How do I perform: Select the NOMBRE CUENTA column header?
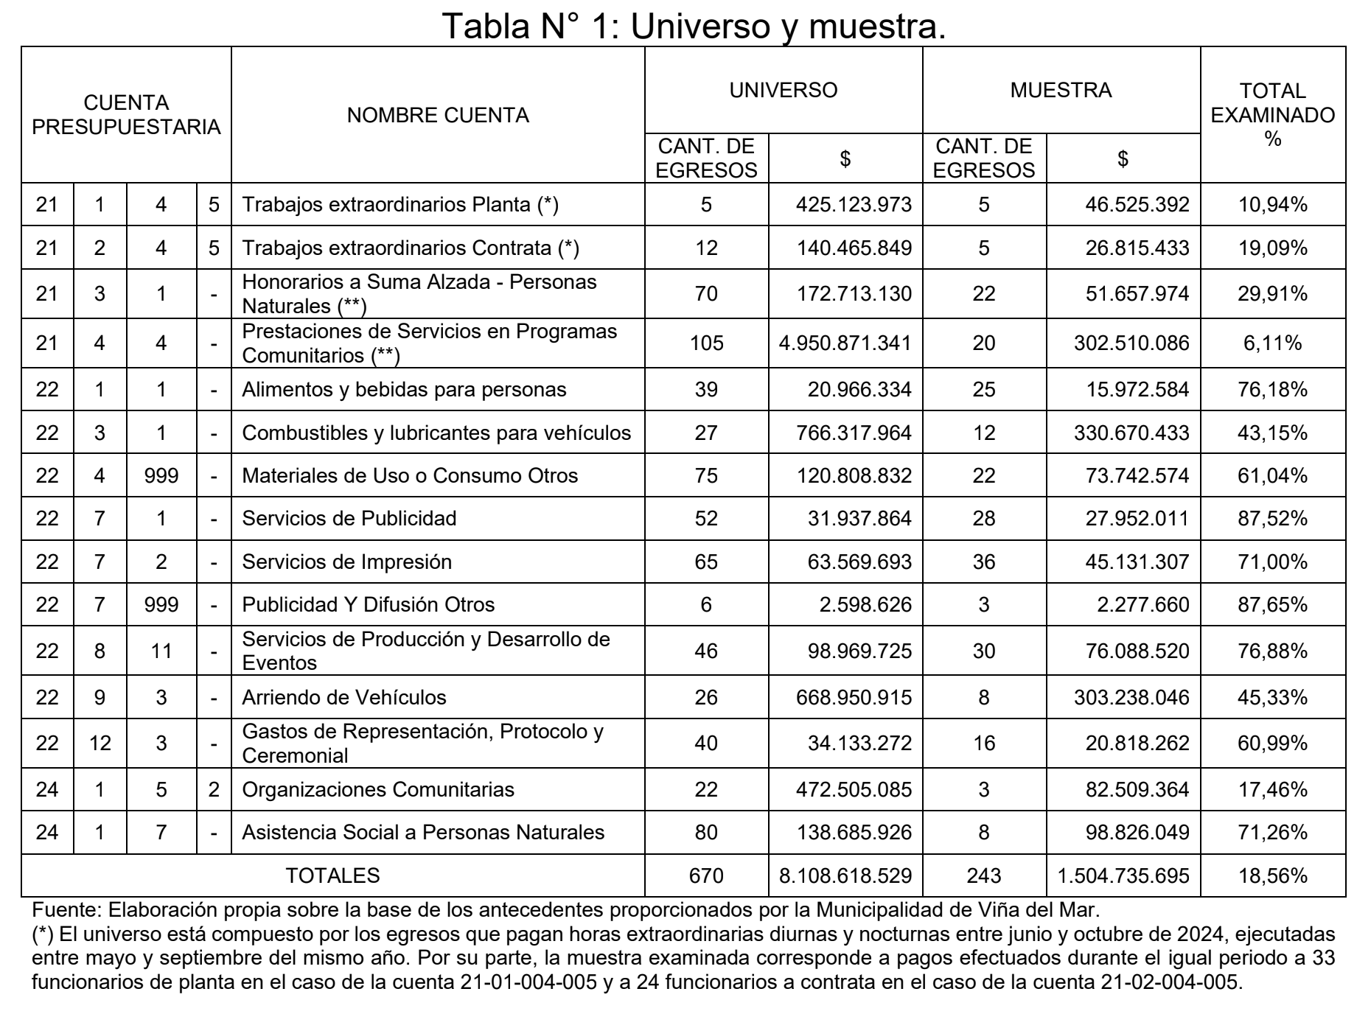(x=438, y=115)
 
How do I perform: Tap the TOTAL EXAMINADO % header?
(x=1272, y=115)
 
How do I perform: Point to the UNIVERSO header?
(x=783, y=90)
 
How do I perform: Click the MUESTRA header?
(x=1061, y=90)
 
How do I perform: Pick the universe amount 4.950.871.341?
(x=845, y=343)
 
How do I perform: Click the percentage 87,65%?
(x=1272, y=605)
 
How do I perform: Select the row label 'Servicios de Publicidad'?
(x=349, y=519)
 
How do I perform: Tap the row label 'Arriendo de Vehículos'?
(x=344, y=697)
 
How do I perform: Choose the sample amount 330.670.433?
(x=1131, y=433)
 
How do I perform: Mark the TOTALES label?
(x=332, y=875)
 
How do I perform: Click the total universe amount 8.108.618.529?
(x=845, y=875)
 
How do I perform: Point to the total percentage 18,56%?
(x=1272, y=875)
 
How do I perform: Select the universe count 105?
(x=706, y=343)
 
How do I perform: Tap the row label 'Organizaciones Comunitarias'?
(x=378, y=790)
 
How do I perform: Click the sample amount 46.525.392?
(x=1137, y=205)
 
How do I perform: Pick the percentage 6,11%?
(x=1272, y=343)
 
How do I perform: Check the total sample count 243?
(x=984, y=875)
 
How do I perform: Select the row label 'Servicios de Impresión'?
(x=346, y=562)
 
